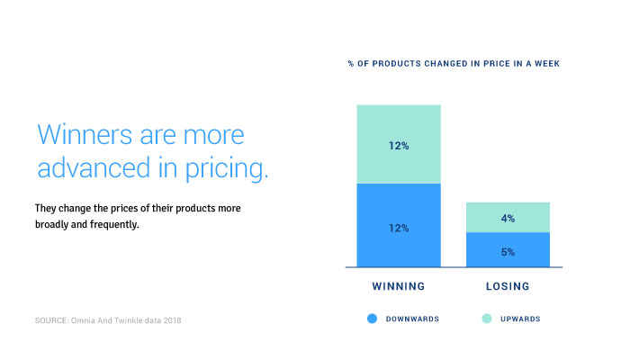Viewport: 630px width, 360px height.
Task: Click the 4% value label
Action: coord(508,218)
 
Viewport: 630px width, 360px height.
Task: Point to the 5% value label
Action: coord(508,252)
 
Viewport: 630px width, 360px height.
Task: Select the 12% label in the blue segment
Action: coord(399,228)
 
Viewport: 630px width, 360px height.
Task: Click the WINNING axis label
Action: coord(399,287)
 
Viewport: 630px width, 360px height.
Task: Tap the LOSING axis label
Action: coord(508,287)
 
